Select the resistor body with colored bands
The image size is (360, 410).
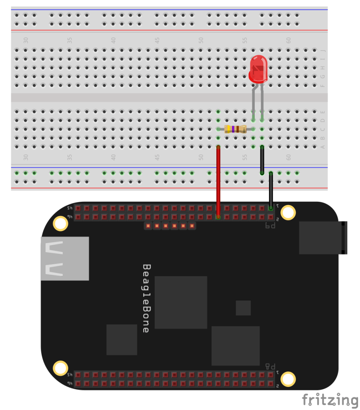[x=235, y=129]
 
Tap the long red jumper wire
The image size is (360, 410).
[x=218, y=180]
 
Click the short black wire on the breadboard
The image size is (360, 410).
[x=262, y=160]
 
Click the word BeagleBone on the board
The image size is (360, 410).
[x=146, y=298]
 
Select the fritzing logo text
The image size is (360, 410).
[x=330, y=400]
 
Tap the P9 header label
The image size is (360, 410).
[x=271, y=226]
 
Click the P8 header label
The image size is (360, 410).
[x=271, y=366]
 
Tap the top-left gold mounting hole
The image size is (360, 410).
[x=60, y=223]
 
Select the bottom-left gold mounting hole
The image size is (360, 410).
[x=60, y=368]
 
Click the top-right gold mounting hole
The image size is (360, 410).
[x=288, y=213]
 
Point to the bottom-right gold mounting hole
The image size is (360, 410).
[x=288, y=378]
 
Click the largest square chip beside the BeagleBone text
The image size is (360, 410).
[x=181, y=302]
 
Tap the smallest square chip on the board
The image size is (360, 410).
[x=243, y=308]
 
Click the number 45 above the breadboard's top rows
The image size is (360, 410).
[x=157, y=40]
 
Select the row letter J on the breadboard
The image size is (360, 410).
[x=323, y=51]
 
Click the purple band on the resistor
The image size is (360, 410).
[x=233, y=129]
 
